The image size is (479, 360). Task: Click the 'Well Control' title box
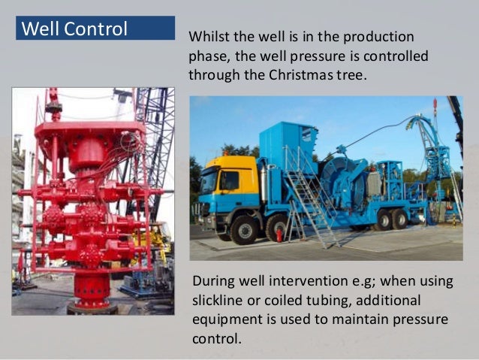(95, 29)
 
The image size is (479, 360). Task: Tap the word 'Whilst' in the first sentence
(207, 37)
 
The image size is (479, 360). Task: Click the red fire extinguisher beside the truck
(279, 234)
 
